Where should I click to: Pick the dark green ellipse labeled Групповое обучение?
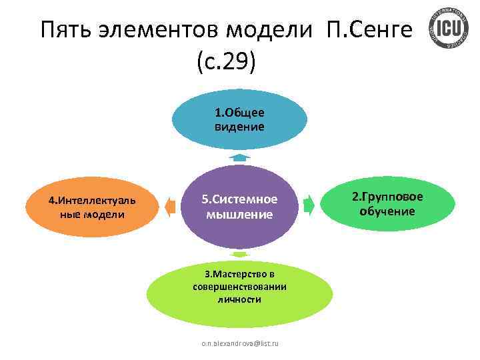[x=387, y=203]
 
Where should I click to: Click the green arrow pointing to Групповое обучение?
[x=309, y=204]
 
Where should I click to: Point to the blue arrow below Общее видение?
[x=240, y=157]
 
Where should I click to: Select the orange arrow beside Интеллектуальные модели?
[x=171, y=206]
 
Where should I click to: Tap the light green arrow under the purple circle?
[x=240, y=254]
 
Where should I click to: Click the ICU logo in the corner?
[x=445, y=29]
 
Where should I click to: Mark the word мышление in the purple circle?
[x=239, y=215]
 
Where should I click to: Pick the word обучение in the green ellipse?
[x=387, y=211]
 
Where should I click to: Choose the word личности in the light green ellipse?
[x=239, y=300]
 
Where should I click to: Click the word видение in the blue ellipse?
[x=239, y=126]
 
